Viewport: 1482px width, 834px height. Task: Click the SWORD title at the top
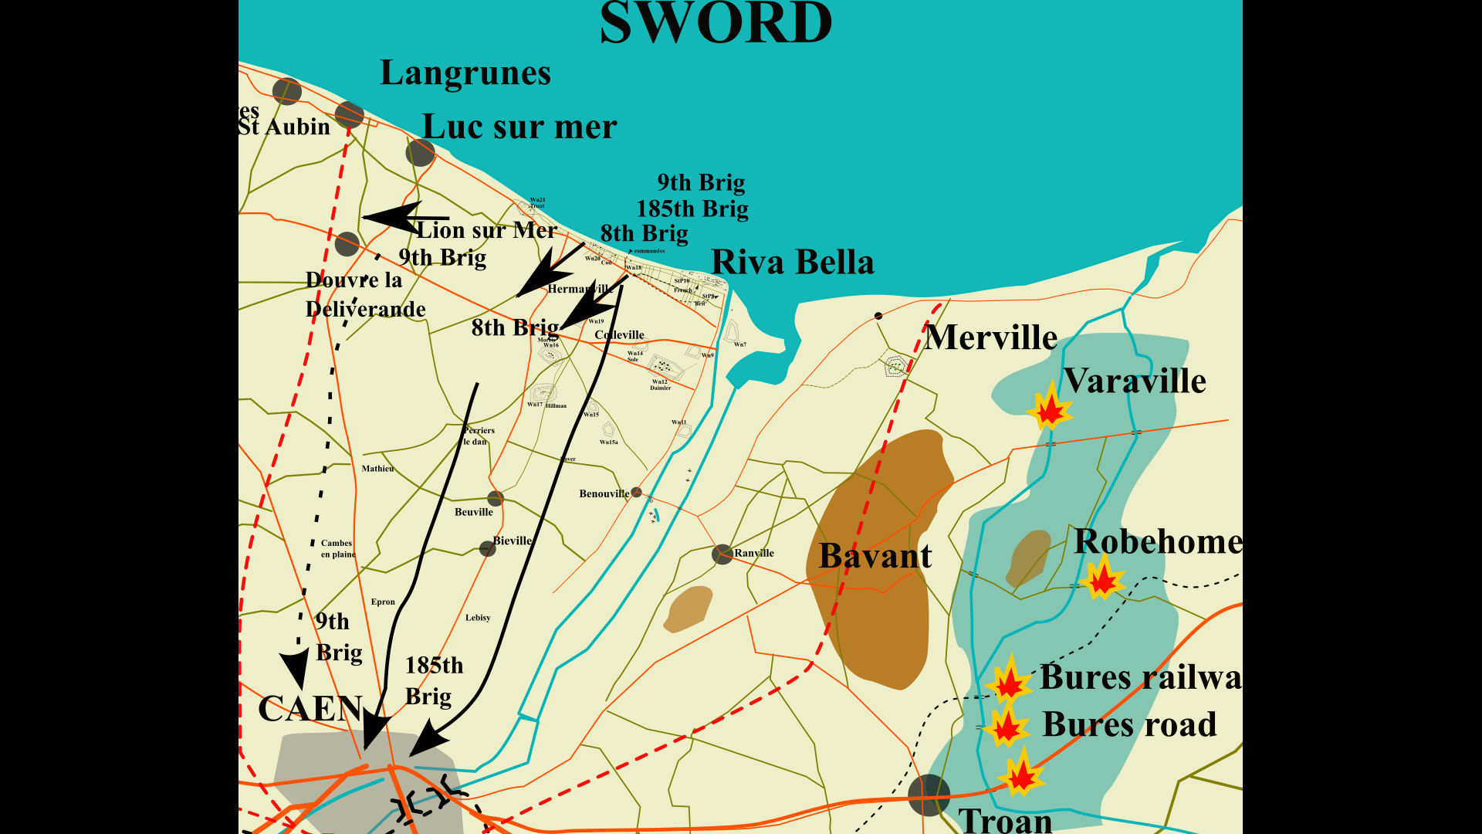tap(716, 23)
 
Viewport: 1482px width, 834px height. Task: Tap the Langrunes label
tap(465, 73)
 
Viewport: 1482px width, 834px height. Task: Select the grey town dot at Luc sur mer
tap(420, 152)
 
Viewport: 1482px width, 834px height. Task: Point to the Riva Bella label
tap(792, 263)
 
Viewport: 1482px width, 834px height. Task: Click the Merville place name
tap(991, 337)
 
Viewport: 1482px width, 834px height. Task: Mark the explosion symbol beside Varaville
tap(1050, 408)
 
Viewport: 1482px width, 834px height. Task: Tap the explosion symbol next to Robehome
tap(1101, 578)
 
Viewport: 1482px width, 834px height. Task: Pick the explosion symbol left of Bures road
tap(1007, 727)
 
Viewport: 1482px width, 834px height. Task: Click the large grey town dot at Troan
tap(929, 795)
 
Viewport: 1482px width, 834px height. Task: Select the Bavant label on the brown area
tap(875, 556)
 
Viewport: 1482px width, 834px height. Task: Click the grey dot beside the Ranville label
tap(722, 554)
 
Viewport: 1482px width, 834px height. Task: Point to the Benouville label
tap(604, 494)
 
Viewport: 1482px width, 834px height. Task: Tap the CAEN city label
tap(310, 709)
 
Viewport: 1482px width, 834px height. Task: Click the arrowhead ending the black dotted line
tap(294, 668)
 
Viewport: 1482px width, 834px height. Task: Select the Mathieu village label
tap(377, 469)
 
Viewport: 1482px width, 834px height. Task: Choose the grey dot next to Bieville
tap(487, 548)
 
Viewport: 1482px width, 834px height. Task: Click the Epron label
tap(383, 602)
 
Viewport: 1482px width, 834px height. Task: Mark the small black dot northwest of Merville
tap(878, 316)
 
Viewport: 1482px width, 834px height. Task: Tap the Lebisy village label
tap(478, 618)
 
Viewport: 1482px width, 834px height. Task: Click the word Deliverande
tap(366, 310)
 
